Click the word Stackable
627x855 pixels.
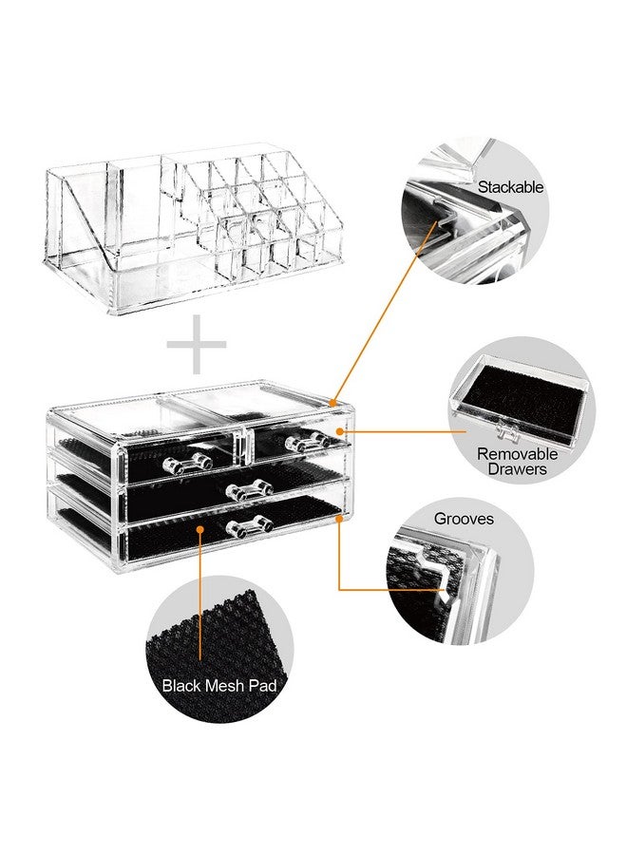(511, 187)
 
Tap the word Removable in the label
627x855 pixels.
(517, 453)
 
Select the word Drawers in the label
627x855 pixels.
(518, 469)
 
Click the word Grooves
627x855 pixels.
(464, 520)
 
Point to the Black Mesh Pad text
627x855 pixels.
(219, 684)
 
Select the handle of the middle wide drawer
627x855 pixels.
(249, 489)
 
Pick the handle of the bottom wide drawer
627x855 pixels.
(249, 522)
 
